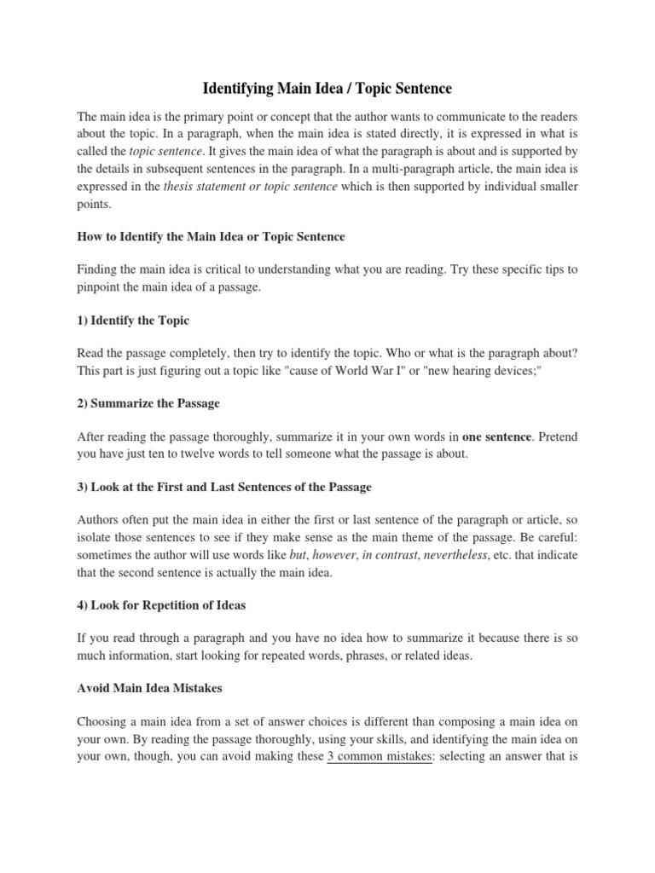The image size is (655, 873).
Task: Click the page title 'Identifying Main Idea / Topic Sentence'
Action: point(327,88)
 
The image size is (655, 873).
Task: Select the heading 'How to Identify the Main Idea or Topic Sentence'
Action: point(211,235)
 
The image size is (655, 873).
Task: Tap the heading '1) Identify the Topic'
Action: point(133,320)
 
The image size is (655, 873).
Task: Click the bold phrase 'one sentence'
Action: point(497,437)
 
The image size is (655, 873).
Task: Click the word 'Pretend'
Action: point(559,437)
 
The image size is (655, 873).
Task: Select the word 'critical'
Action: point(227,269)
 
